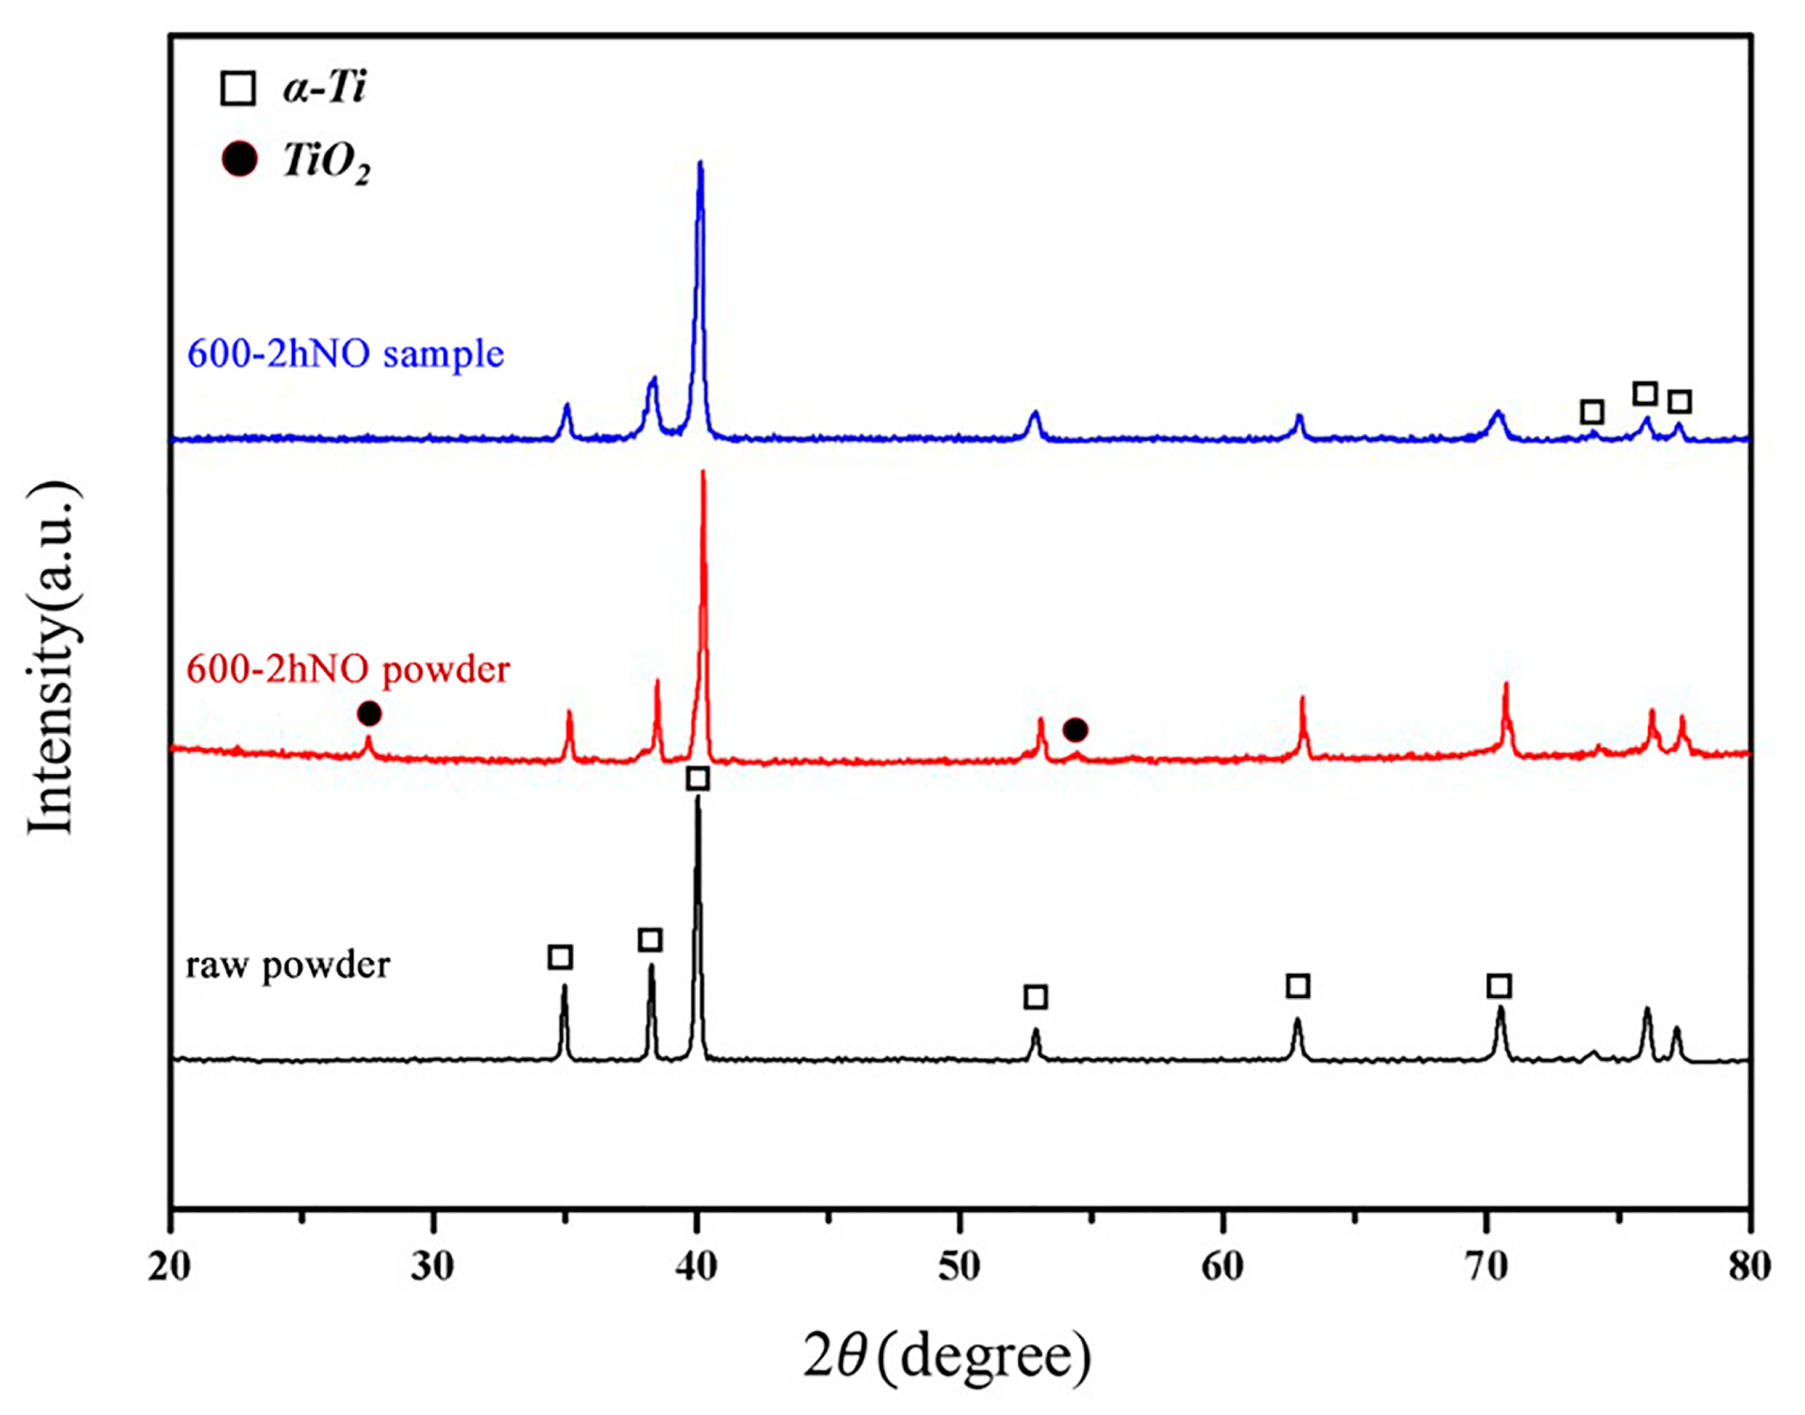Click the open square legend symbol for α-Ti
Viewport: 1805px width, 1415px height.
(x=239, y=88)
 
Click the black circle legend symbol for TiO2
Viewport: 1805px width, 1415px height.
(x=239, y=160)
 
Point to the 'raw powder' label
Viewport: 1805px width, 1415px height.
(x=288, y=966)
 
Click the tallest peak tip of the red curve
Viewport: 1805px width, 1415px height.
(x=704, y=473)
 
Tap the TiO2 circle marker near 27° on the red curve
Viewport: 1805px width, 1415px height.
(x=370, y=713)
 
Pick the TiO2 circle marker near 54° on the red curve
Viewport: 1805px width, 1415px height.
(x=1075, y=730)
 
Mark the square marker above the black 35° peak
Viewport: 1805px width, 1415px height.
(x=561, y=958)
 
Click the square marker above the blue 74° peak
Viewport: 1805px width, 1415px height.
(x=1592, y=412)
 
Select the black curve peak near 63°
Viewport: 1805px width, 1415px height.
(x=1298, y=1021)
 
